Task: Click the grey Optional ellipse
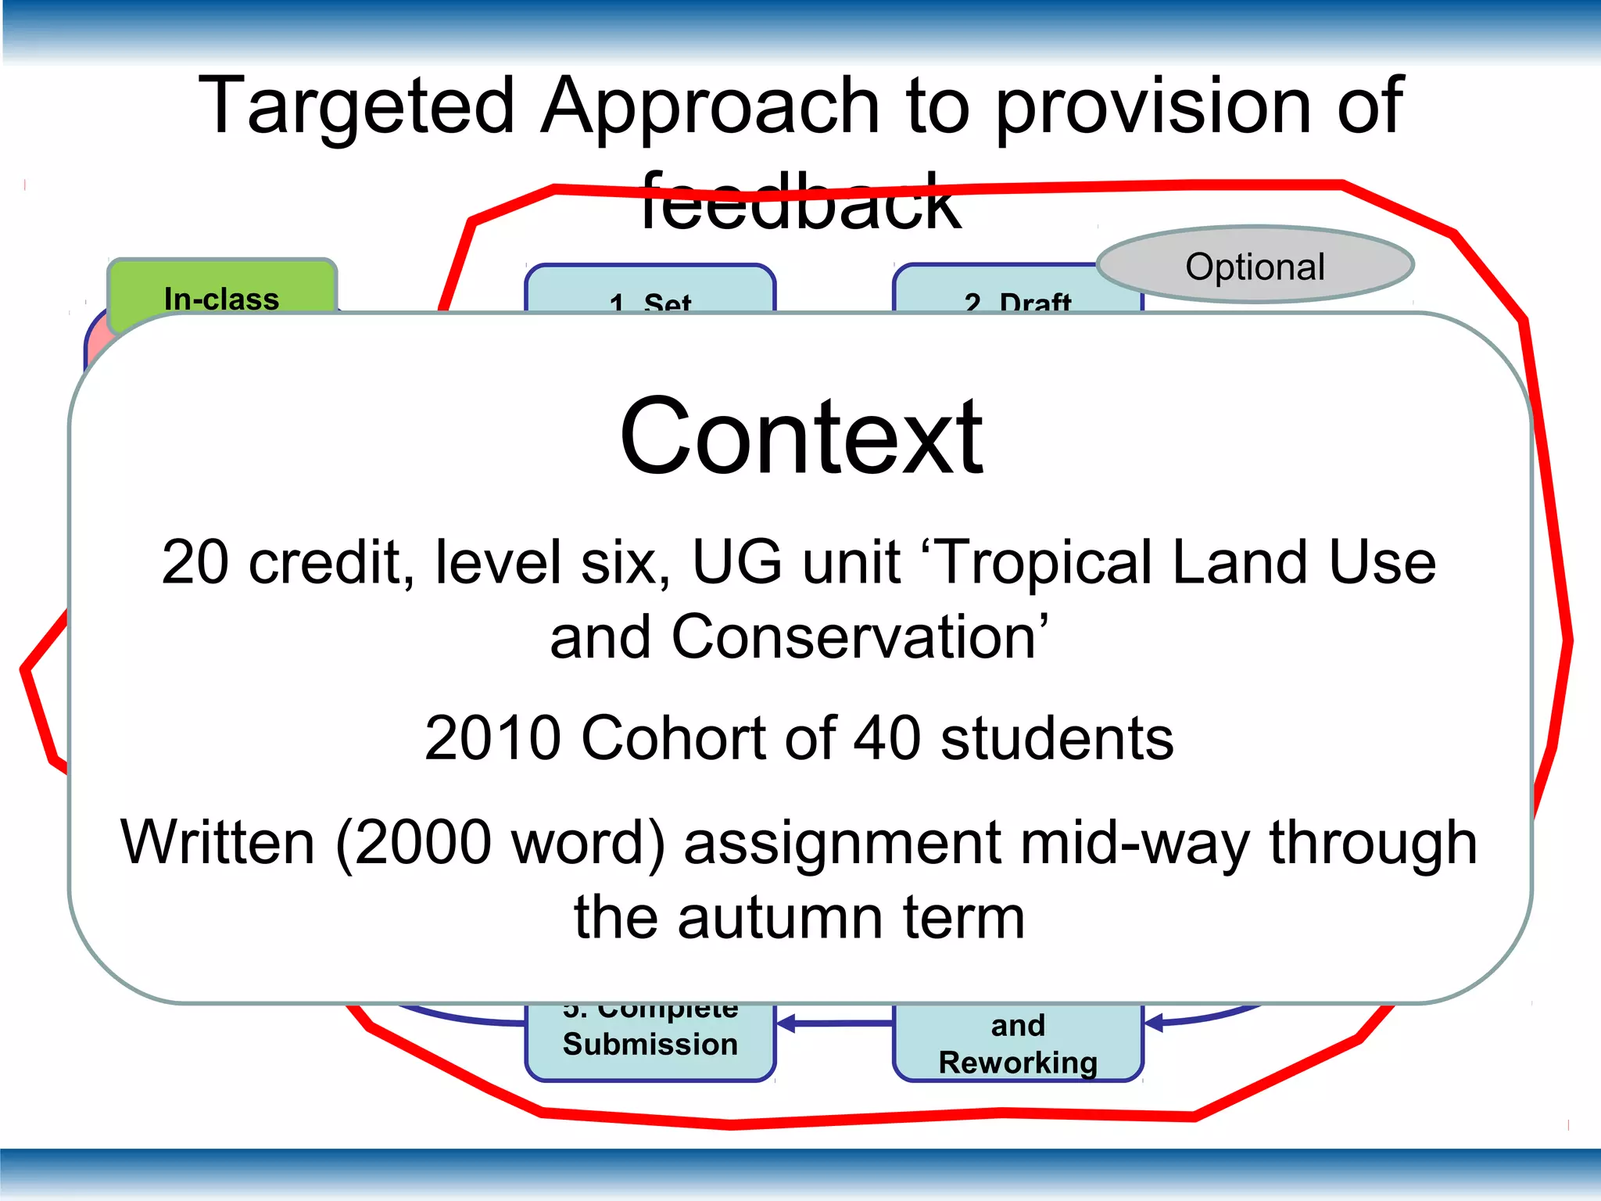pyautogui.click(x=1255, y=266)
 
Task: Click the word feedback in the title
pyautogui.click(x=800, y=203)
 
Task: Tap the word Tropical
pyautogui.click(x=1044, y=562)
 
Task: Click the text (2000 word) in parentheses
pyautogui.click(x=500, y=843)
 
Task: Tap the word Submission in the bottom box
pyautogui.click(x=650, y=1045)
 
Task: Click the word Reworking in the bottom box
pyautogui.click(x=1018, y=1063)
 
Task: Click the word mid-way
pyautogui.click(x=1134, y=843)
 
